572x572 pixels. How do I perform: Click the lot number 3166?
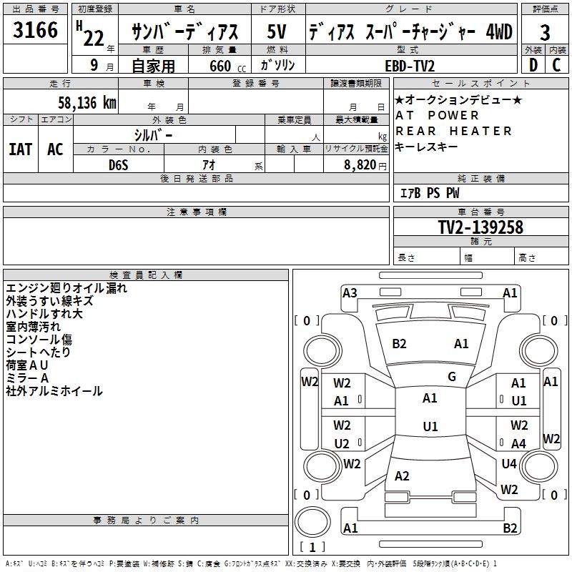point(36,31)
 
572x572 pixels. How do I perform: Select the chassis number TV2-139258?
point(480,227)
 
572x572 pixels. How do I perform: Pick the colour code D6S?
point(119,164)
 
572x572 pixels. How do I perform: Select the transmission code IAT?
point(21,149)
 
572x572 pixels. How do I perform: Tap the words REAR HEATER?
point(454,131)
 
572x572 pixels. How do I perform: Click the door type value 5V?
point(278,32)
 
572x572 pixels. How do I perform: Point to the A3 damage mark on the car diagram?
point(350,292)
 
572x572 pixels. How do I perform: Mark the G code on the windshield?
point(452,377)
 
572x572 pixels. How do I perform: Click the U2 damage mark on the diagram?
point(342,443)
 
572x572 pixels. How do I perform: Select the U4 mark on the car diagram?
point(509,463)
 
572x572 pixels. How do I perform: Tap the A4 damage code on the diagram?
point(519,443)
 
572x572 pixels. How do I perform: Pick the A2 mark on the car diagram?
point(402,476)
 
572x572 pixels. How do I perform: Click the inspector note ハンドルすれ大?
point(44,314)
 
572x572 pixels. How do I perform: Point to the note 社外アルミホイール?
point(54,391)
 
